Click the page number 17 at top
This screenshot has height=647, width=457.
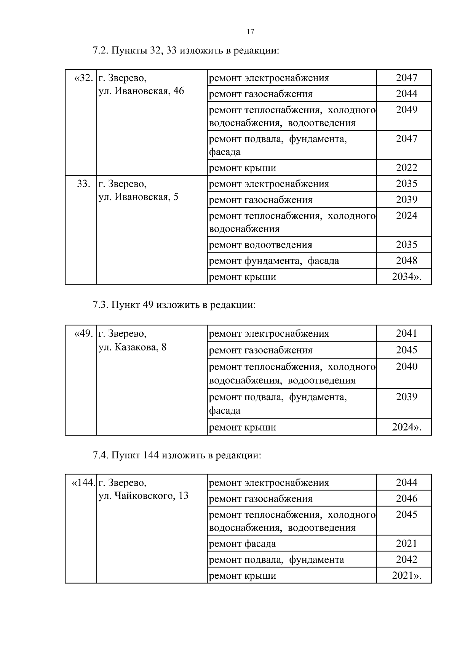point(250,32)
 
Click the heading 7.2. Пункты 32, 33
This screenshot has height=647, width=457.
point(186,51)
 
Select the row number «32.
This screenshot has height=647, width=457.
point(83,78)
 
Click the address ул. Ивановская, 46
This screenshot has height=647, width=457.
point(141,91)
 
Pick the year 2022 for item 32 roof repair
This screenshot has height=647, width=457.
point(406,168)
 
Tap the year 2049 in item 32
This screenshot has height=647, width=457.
point(406,110)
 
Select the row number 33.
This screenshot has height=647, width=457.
point(83,184)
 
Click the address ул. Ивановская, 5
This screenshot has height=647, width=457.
point(138,197)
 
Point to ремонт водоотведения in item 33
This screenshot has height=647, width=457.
point(260,245)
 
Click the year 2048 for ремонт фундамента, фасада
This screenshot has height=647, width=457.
point(406,261)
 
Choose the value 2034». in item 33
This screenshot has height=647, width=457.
point(406,277)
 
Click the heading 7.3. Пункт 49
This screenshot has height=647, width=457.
point(174,305)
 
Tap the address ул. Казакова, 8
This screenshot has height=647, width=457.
point(132,348)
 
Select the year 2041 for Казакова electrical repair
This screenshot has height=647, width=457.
point(406,334)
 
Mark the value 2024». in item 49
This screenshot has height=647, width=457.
point(406,427)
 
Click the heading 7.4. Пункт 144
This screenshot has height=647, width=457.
point(177,456)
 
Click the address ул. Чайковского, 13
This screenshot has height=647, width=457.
point(143,496)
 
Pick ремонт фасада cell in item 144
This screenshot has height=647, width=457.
point(243,544)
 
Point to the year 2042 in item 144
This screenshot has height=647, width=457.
point(406,560)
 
